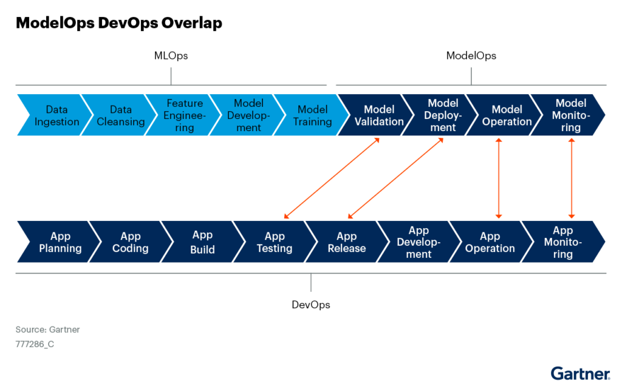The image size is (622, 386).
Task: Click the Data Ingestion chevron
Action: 53,115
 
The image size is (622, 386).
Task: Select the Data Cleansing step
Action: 120,115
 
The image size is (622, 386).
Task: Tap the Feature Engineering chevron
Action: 184,115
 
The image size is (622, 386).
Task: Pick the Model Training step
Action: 312,115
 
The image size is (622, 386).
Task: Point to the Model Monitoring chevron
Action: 570,115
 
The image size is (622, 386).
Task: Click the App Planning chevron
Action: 60,242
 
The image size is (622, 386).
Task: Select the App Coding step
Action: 130,242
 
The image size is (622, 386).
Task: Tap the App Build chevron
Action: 202,242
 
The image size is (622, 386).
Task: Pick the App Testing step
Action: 274,242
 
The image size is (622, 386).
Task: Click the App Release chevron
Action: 346,242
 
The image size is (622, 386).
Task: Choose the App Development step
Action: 418,242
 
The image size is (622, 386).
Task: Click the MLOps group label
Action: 171,56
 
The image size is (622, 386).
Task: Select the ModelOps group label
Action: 471,56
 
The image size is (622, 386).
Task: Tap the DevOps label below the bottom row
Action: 310,305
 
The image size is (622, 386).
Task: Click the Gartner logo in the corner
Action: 580,373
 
